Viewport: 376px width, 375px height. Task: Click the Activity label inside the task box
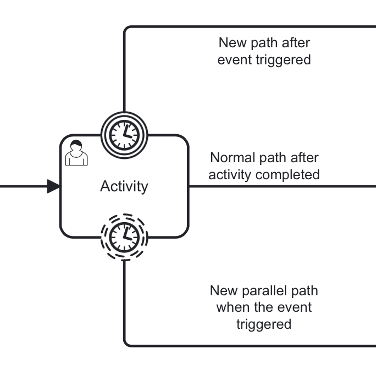[x=124, y=186]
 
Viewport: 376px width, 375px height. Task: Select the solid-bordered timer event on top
[x=124, y=134]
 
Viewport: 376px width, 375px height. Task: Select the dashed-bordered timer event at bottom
[x=124, y=237]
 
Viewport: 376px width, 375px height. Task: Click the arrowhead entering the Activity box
[x=53, y=186]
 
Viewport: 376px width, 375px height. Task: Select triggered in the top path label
[x=283, y=59]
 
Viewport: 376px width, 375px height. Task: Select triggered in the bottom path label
[x=264, y=324]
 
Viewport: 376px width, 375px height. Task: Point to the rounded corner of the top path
[x=127, y=29]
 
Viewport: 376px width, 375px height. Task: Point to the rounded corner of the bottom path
[x=127, y=343]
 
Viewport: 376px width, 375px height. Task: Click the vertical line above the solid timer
[x=124, y=71]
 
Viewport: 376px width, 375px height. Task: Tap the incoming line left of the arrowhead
[x=22, y=186]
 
